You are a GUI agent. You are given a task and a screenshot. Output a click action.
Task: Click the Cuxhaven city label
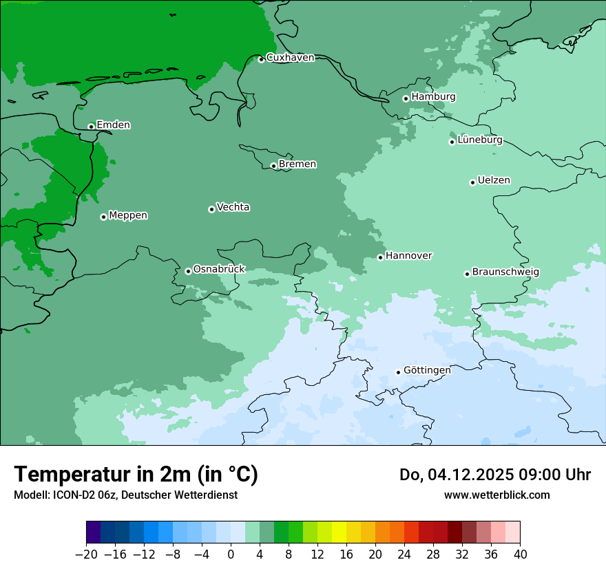coord(290,58)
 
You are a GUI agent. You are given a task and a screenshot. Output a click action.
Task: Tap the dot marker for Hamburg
coord(406,98)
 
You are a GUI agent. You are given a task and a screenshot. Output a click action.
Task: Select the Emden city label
coord(113,125)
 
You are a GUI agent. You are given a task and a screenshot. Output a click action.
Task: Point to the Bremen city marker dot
coord(273,166)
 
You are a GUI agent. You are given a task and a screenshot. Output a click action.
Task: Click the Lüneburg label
coord(479,140)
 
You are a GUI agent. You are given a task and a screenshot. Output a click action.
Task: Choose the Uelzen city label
coord(494,181)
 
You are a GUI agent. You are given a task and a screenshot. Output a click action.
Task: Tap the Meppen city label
coord(128,215)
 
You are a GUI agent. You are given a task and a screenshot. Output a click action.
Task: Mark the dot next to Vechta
coord(211,209)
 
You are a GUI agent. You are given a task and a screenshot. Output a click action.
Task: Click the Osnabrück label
coord(219,269)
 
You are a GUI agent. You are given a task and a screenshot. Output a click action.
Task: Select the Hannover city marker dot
coord(380,257)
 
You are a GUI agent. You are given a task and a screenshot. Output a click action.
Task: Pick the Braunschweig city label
coord(505,272)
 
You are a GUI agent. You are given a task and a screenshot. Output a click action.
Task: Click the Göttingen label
coord(427,370)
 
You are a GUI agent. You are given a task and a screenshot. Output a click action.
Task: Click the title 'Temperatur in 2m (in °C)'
coord(136,475)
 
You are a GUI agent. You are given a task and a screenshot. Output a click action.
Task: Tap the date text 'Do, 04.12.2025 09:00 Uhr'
coord(495,475)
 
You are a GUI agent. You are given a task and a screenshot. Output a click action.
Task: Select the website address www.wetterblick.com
coord(497,495)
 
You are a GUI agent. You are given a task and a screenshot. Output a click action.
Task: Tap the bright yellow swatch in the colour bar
coord(339,532)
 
